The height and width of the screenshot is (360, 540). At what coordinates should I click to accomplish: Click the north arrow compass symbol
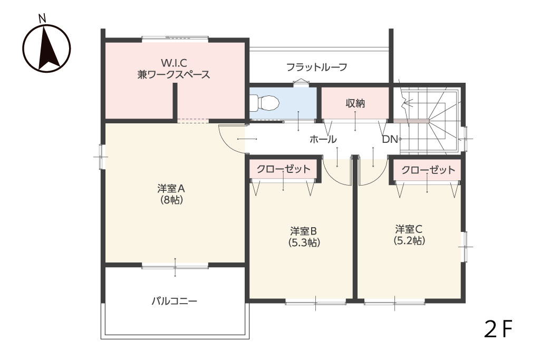point(46,48)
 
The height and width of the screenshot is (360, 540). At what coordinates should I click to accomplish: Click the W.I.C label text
point(174,63)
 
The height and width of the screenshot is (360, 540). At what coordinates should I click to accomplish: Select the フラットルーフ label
point(317,67)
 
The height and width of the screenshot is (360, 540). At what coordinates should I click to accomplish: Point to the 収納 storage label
point(355,103)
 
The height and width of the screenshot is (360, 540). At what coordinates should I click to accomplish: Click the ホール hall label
point(323,139)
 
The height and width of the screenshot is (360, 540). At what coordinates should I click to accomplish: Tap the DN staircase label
point(390,139)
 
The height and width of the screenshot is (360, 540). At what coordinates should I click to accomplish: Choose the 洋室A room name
point(171,189)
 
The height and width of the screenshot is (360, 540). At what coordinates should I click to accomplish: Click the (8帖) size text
point(171,200)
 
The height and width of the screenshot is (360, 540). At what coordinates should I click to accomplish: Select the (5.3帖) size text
point(304,242)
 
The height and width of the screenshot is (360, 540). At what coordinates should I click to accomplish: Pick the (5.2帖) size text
point(409,240)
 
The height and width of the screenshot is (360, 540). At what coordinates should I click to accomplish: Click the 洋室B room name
point(303,230)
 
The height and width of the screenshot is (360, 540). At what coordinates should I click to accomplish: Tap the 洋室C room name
point(409,229)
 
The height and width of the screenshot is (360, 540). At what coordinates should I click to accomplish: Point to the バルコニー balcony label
point(175,301)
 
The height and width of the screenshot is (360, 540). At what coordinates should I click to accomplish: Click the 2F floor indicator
point(498,329)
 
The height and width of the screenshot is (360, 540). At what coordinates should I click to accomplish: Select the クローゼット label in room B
point(284,169)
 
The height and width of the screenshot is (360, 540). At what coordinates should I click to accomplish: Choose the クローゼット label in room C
point(428,170)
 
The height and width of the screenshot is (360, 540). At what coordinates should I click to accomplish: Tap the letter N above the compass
point(42,18)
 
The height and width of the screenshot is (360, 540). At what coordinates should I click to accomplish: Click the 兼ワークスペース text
point(174,74)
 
